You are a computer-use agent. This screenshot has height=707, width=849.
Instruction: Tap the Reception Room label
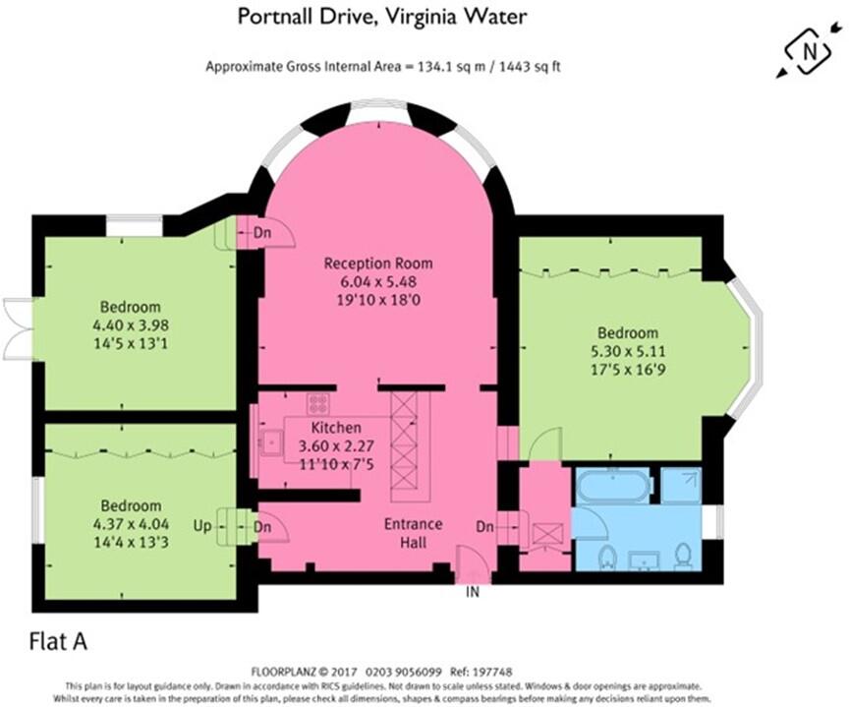tap(378, 264)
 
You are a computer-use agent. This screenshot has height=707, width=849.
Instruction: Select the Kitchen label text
tap(336, 428)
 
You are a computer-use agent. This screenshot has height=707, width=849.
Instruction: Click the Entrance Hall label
tap(414, 532)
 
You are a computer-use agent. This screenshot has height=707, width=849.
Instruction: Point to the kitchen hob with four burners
tap(317, 403)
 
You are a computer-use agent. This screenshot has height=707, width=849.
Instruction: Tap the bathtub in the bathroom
tap(613, 486)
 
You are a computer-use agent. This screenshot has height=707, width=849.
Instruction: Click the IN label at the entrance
tap(474, 592)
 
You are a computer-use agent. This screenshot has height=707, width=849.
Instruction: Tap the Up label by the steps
tap(200, 526)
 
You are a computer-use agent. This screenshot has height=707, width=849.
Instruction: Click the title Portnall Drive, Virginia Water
tap(383, 17)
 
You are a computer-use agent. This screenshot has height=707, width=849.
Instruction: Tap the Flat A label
tap(55, 642)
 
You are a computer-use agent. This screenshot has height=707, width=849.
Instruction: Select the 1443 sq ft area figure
tap(524, 67)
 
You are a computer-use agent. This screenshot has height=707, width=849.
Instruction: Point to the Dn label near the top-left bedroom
tap(262, 234)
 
